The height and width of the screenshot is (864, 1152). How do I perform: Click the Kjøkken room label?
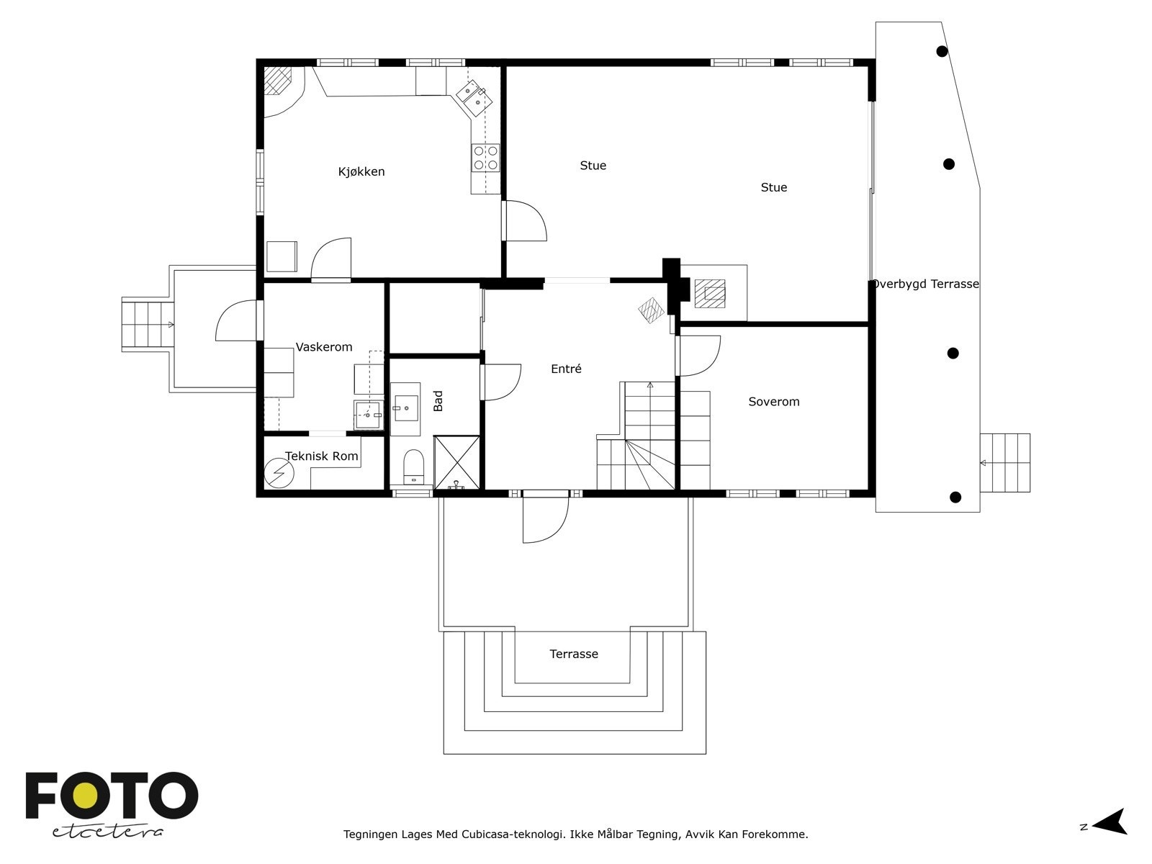(x=361, y=171)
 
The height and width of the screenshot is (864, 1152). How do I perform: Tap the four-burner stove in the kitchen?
(x=485, y=158)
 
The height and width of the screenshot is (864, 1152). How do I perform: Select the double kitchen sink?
(x=474, y=99)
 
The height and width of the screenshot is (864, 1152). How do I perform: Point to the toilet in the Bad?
(x=413, y=467)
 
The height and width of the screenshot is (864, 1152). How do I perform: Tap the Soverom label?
(x=773, y=402)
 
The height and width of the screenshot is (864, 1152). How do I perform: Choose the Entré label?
(x=567, y=369)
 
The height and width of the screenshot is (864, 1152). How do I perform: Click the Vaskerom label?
(x=324, y=347)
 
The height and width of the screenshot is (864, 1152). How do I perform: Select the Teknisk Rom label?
(x=322, y=456)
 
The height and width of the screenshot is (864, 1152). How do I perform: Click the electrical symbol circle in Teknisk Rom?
(x=279, y=473)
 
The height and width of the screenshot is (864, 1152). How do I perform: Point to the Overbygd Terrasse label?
(x=925, y=284)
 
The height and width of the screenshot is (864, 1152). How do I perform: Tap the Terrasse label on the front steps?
(x=574, y=654)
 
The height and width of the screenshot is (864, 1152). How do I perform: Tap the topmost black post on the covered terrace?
(x=942, y=51)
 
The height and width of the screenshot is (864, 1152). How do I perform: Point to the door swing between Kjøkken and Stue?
(x=526, y=221)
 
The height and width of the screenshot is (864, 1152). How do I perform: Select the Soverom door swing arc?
(x=700, y=356)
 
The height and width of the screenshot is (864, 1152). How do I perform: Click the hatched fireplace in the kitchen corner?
(x=277, y=80)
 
